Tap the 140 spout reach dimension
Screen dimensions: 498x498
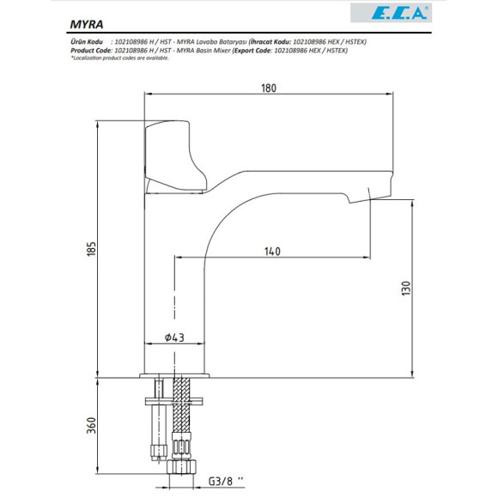click(272, 252)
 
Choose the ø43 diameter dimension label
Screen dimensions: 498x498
click(176, 337)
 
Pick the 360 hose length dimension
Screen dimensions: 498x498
click(88, 425)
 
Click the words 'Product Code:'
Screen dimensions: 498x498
click(90, 51)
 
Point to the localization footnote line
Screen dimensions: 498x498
click(121, 58)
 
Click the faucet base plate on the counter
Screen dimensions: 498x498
click(175, 374)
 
